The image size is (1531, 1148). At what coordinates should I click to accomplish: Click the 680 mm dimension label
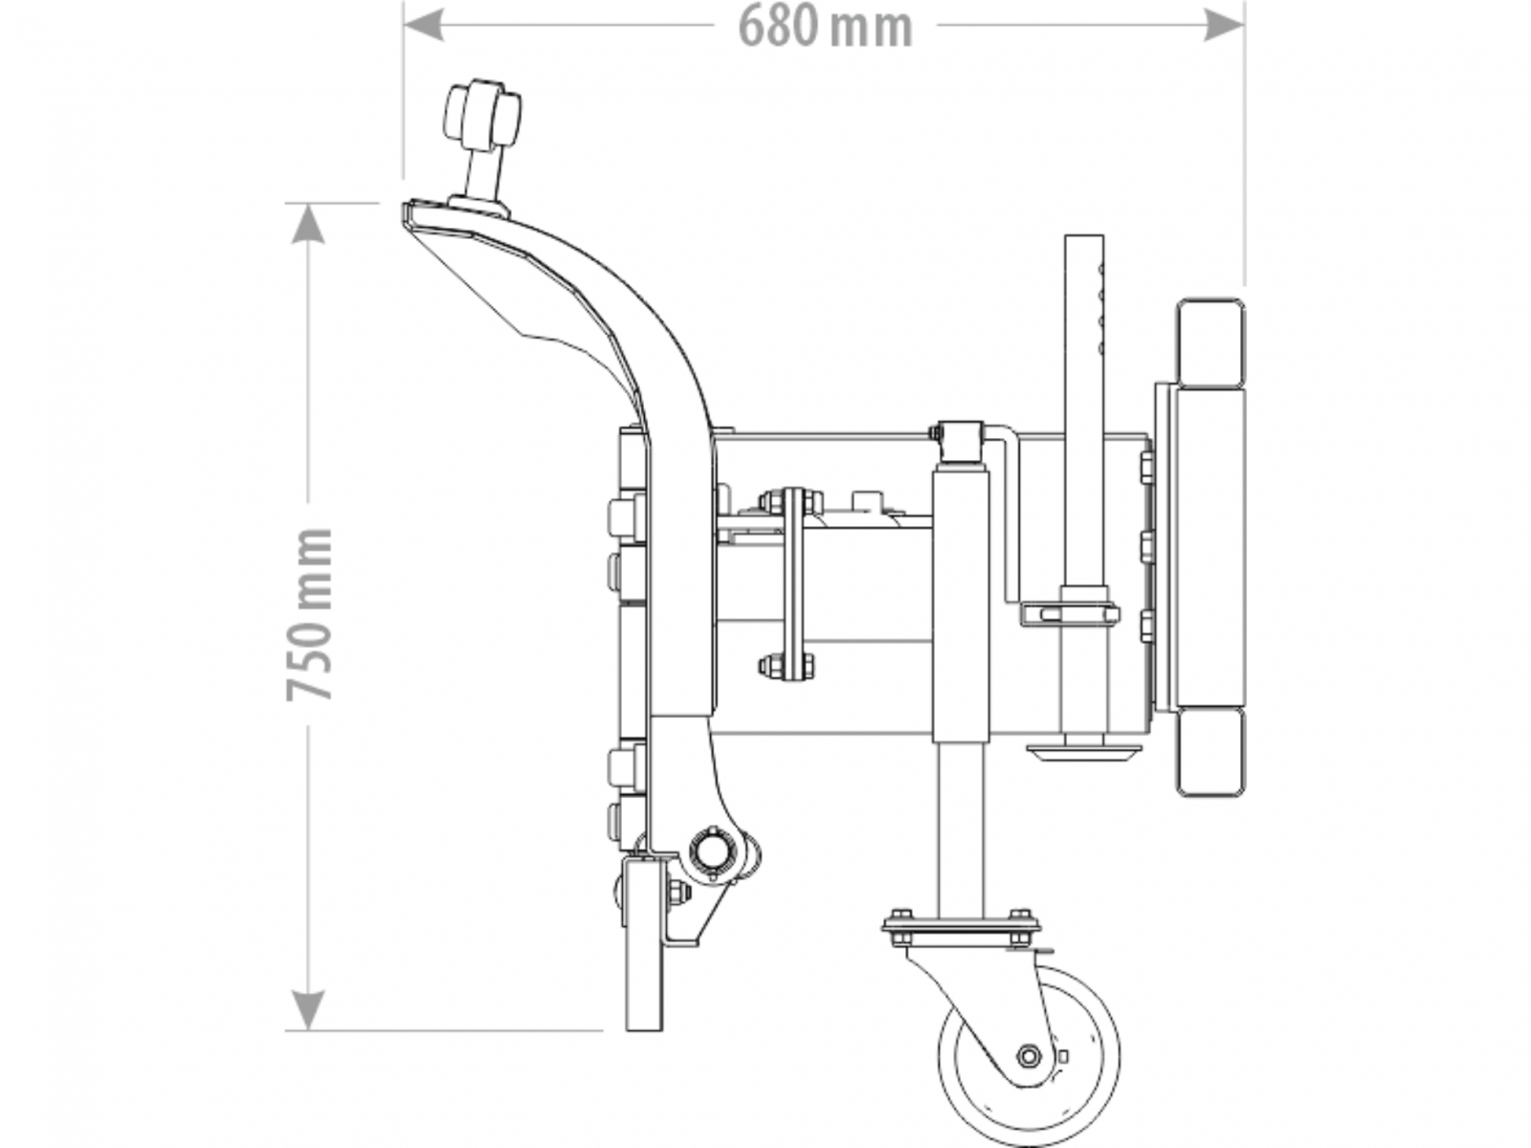[x=825, y=27]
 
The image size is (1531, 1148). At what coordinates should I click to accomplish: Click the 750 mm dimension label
[x=309, y=613]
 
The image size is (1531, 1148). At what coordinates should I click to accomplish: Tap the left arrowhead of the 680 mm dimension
[x=423, y=25]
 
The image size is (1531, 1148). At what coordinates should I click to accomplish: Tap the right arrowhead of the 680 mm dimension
[x=1224, y=25]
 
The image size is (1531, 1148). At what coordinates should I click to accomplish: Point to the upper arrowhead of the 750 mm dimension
[x=307, y=225]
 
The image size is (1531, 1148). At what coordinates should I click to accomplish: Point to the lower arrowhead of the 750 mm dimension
[x=307, y=1010]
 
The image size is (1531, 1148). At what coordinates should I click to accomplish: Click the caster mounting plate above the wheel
[x=961, y=926]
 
